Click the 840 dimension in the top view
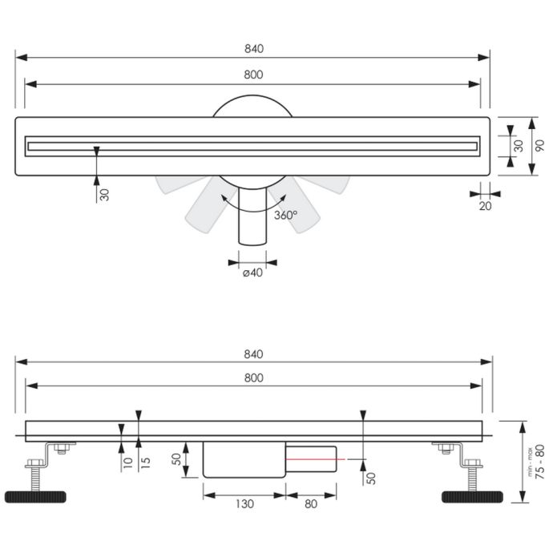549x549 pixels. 254,48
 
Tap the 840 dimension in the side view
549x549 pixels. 254,353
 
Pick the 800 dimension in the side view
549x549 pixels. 254,377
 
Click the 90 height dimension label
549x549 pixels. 539,146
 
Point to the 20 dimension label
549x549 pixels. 485,206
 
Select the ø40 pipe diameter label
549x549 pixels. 252,273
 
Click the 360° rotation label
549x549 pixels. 285,215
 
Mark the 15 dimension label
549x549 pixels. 146,463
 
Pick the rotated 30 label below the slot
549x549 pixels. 104,194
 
